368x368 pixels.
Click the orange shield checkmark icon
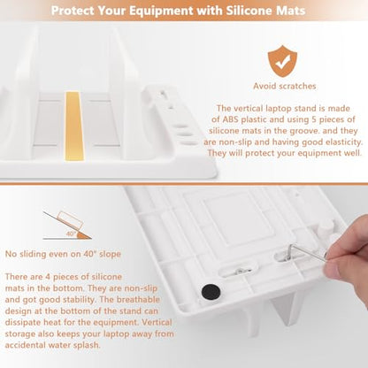coord(282,61)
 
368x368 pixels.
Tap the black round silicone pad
coord(211,292)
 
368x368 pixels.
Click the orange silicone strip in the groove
coord(73,126)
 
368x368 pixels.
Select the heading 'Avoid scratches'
coord(285,86)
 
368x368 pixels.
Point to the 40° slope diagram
coord(67,226)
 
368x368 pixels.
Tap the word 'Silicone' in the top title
coord(247,11)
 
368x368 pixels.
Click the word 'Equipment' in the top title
coord(162,11)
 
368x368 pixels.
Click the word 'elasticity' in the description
coord(344,142)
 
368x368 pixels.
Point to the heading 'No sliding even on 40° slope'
coord(63,254)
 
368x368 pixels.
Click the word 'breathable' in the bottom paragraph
coord(138,300)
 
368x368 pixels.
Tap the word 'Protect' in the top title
coord(73,11)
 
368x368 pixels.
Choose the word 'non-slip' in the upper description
coord(234,142)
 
